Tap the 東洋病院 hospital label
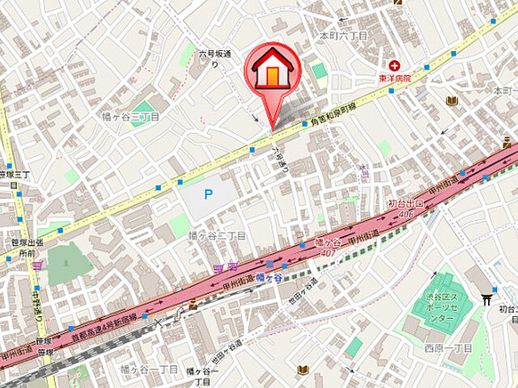(395, 78)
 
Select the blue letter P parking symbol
(208, 194)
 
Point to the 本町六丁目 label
(343, 36)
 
